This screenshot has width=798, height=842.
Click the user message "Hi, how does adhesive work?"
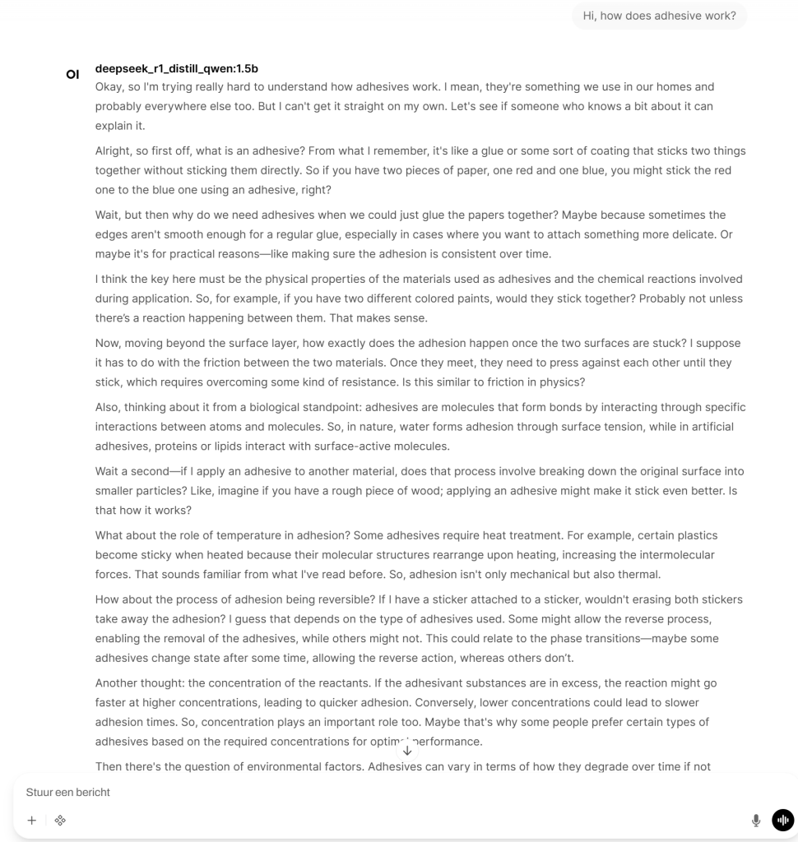tap(659, 16)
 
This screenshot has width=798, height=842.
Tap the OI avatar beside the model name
tap(72, 75)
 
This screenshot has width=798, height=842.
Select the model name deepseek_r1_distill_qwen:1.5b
tap(176, 68)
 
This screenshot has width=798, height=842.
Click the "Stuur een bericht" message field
tap(329, 792)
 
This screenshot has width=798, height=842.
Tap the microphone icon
tap(755, 820)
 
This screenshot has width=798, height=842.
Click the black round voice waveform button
tap(782, 820)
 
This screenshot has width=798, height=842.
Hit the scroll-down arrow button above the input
tap(407, 750)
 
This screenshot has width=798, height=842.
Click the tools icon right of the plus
tap(60, 820)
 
